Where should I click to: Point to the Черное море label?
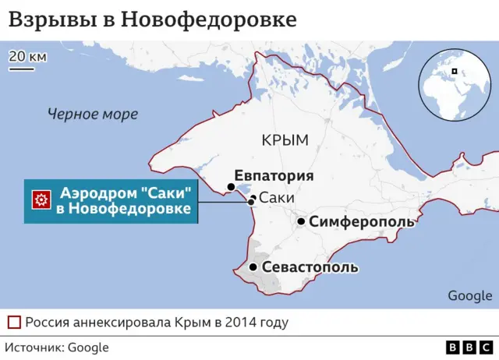[x=92, y=115]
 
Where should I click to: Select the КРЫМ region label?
[x=285, y=140]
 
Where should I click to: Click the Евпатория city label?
[x=274, y=175]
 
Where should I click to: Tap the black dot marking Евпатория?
[x=231, y=186]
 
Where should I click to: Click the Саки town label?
[x=276, y=198]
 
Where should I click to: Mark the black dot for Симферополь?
[x=301, y=221]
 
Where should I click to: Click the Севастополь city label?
[x=310, y=267]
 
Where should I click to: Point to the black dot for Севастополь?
[x=253, y=267]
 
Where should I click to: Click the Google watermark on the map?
[x=469, y=295]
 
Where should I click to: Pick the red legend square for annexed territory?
[x=13, y=322]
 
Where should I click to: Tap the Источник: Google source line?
[x=58, y=348]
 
